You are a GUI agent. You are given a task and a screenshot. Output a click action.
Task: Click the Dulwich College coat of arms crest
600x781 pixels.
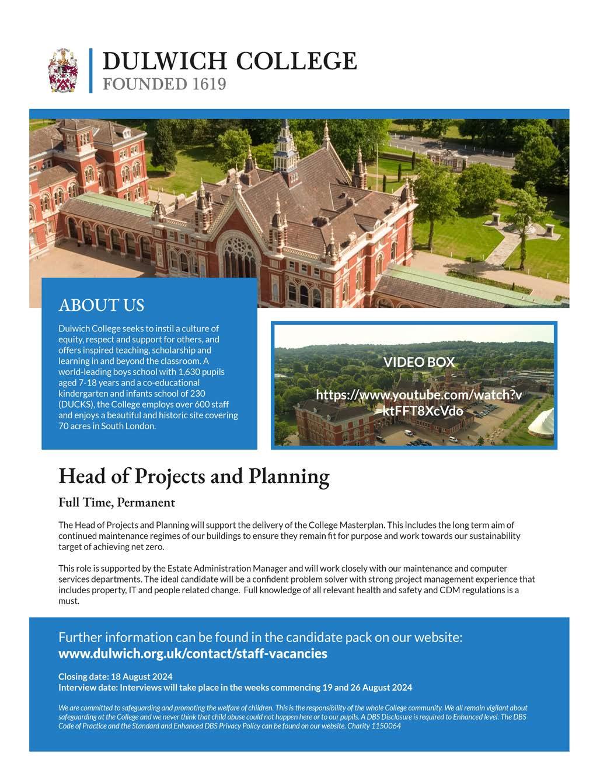coord(63,71)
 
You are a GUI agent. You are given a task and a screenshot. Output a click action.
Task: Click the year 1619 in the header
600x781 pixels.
coord(208,85)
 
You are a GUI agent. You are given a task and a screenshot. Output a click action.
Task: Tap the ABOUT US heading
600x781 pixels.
coord(101,305)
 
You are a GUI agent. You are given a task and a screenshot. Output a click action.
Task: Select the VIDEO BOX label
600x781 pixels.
coord(418,362)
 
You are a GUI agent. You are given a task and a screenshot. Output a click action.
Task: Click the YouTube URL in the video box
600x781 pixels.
coord(418,402)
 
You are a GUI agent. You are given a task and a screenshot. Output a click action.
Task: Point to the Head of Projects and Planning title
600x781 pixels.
coord(194,477)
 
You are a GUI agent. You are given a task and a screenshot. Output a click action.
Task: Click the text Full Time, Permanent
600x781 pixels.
coord(117,502)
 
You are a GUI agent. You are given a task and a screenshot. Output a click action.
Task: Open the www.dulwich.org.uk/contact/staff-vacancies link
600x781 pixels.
coord(193,653)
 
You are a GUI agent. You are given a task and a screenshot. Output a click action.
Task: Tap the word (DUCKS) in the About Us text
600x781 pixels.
coord(75,404)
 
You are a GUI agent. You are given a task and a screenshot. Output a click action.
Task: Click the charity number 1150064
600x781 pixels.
coord(386,726)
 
